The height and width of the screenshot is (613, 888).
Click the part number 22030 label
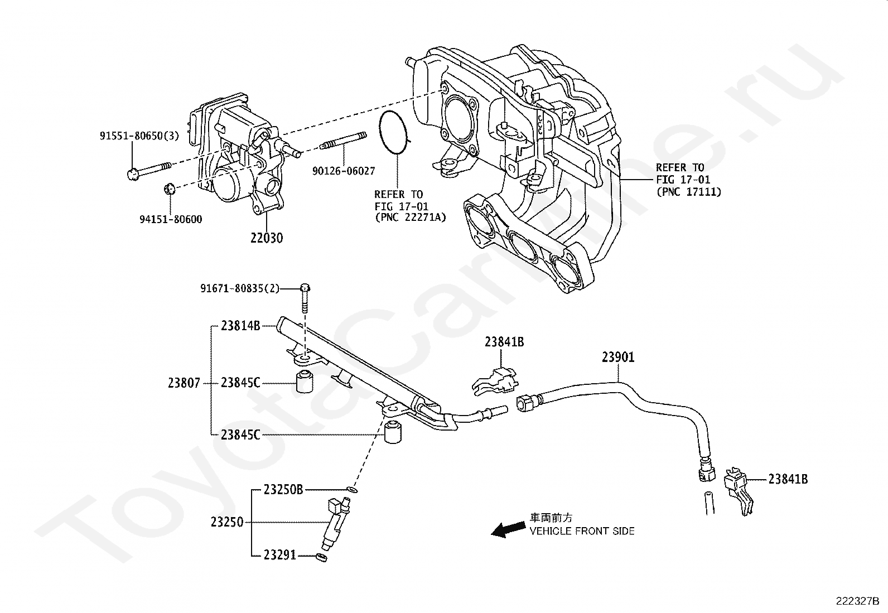[x=266, y=238]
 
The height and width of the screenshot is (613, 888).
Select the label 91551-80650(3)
[x=139, y=136]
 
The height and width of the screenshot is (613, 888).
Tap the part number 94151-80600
[x=171, y=219]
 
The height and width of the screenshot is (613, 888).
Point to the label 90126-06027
[x=343, y=171]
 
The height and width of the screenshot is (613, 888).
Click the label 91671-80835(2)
[x=240, y=288]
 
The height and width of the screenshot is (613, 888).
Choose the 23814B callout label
[x=240, y=326]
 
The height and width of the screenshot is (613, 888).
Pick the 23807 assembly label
[x=184, y=383]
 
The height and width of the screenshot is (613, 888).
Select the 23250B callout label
[x=283, y=490]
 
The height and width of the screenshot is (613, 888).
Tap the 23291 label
[x=280, y=556]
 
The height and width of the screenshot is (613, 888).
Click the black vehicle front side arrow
[x=508, y=529]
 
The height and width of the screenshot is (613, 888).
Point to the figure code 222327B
[x=857, y=601]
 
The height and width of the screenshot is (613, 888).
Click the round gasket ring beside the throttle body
[x=395, y=133]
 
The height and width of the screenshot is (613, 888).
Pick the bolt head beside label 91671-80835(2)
[x=305, y=288]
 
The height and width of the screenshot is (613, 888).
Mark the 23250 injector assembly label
[x=227, y=523]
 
